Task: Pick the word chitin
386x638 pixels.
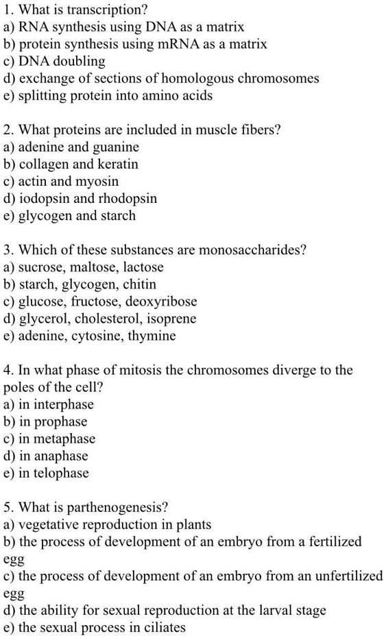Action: point(141,284)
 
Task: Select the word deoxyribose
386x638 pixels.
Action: point(164,302)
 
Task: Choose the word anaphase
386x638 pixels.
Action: point(65,456)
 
